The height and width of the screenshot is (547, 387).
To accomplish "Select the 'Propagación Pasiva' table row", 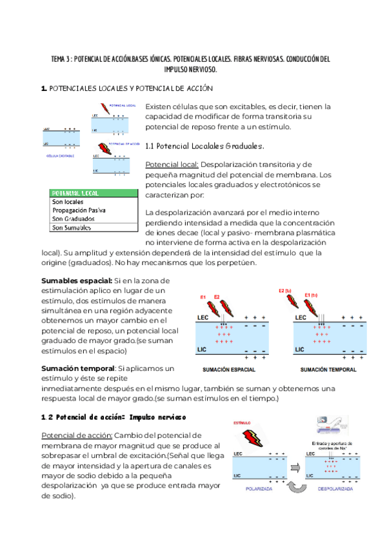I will point(79,210).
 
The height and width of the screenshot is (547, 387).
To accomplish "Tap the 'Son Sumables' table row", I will point(72,227).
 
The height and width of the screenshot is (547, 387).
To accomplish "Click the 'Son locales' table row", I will point(68,202).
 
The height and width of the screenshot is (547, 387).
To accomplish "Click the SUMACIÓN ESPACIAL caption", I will point(228,370).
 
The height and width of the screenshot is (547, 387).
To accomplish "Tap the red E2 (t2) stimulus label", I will point(284,290).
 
